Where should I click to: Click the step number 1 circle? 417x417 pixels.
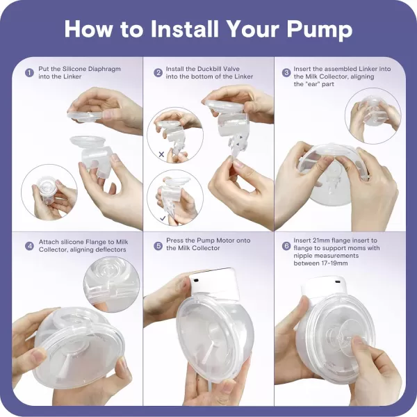point(29,72)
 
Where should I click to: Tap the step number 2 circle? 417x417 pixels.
point(158,72)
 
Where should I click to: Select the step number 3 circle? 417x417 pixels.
point(286,72)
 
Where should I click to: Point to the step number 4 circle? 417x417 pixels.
point(29,246)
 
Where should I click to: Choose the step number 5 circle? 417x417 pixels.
point(158,246)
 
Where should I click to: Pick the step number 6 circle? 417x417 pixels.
point(286,246)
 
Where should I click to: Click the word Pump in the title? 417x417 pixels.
point(320,29)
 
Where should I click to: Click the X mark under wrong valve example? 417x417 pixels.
point(161,154)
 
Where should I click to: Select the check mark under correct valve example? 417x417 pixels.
point(163,218)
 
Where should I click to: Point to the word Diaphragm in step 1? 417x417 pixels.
point(104,69)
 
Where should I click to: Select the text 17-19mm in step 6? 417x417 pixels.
point(336,263)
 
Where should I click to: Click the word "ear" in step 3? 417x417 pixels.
point(309,84)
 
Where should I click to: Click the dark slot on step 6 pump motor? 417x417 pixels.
point(338,281)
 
